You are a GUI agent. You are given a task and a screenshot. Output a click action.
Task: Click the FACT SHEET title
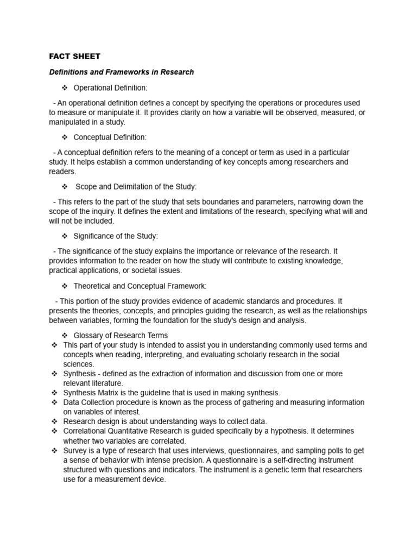coord(75,56)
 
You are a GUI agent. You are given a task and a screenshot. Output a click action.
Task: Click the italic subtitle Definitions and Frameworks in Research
coord(121,72)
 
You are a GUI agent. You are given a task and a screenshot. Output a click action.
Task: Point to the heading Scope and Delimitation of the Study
coord(136,187)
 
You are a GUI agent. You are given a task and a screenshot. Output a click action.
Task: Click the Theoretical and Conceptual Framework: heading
coord(140,286)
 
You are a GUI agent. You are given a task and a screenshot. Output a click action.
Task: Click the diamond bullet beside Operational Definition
coord(64,88)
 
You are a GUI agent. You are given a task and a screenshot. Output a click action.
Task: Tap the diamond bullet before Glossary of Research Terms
coord(64,336)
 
